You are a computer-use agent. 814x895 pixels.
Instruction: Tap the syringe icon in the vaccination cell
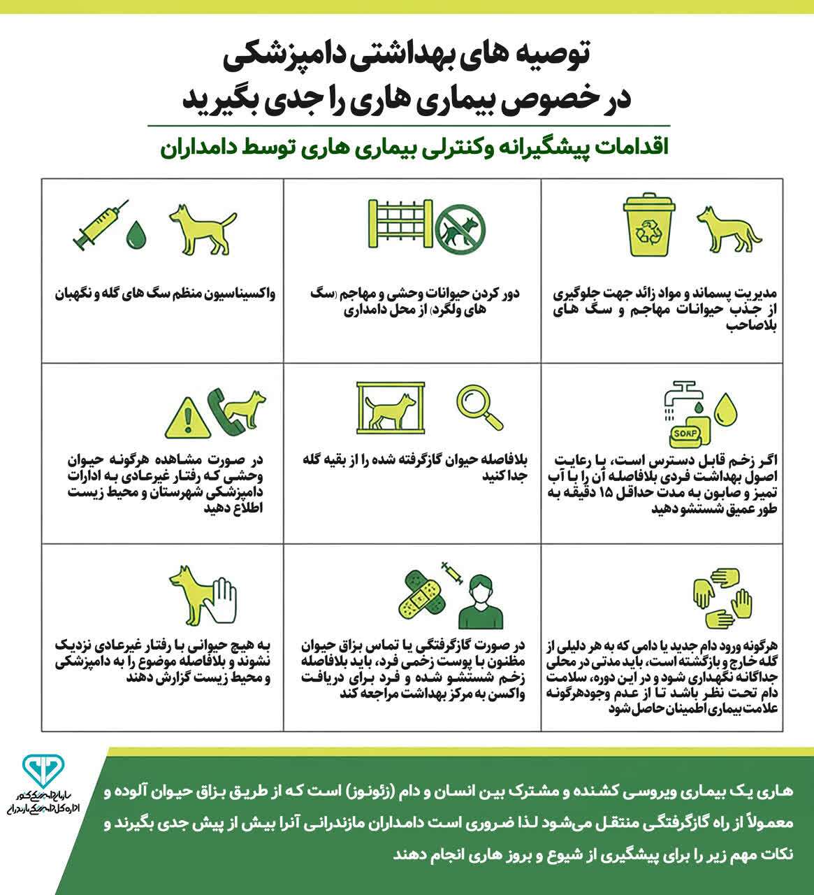pyautogui.click(x=100, y=226)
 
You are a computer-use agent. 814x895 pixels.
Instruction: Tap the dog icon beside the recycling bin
pyautogui.click(x=727, y=228)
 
